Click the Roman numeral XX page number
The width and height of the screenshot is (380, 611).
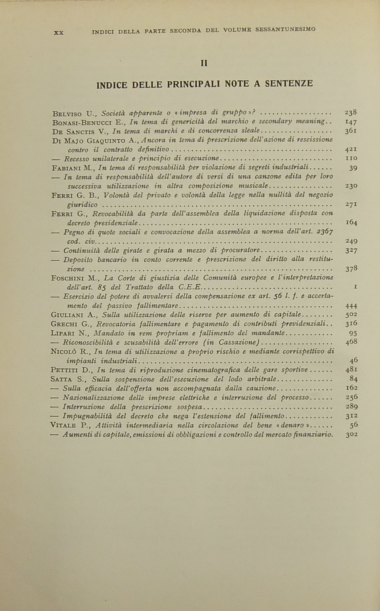click(58, 33)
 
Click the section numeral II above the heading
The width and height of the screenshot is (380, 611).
click(204, 63)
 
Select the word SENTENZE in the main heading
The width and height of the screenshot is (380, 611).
click(289, 83)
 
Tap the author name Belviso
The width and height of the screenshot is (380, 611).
click(67, 114)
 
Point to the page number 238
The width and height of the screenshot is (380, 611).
click(351, 112)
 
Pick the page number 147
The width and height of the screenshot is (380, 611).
click(351, 122)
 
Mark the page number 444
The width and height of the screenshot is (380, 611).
click(351, 306)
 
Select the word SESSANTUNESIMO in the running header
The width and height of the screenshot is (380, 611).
click(285, 29)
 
